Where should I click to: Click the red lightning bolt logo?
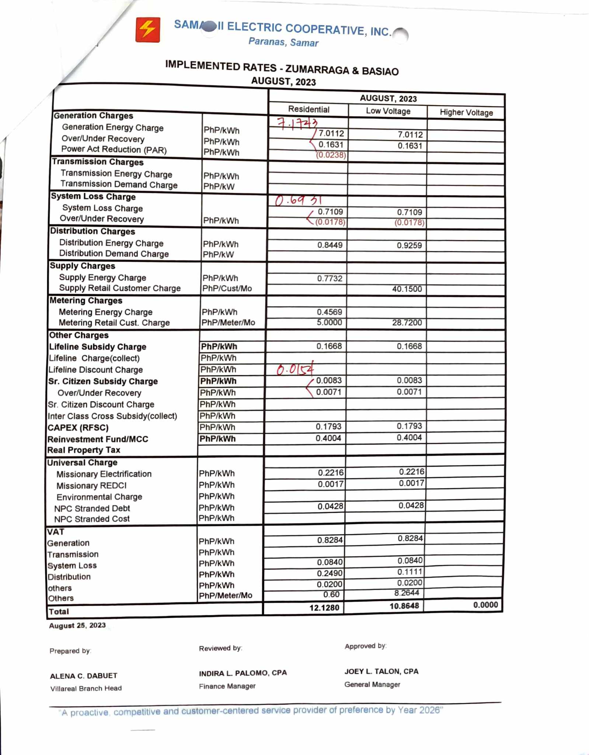pyautogui.click(x=147, y=29)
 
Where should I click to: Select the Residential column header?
pyautogui.click(x=309, y=109)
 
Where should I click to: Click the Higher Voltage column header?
pyautogui.click(x=466, y=112)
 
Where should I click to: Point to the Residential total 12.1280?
pyautogui.click(x=324, y=608)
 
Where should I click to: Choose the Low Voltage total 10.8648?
pyautogui.click(x=404, y=606)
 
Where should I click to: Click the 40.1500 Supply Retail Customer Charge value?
pyautogui.click(x=407, y=289)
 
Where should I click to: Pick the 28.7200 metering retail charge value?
pyautogui.click(x=407, y=323)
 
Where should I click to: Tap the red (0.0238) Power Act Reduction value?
pyautogui.click(x=331, y=155)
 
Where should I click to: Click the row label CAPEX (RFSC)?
pyautogui.click(x=78, y=428)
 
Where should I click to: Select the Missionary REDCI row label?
pyautogui.click(x=91, y=486)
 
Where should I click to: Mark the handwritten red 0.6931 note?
pyautogui.click(x=299, y=200)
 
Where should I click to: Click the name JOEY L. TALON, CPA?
pyautogui.click(x=381, y=671)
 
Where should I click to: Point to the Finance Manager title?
pyautogui.click(x=227, y=686)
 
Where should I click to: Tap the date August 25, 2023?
pyautogui.click(x=77, y=625)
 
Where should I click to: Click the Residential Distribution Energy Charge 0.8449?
pyautogui.click(x=330, y=245)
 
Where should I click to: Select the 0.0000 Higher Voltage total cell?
pyautogui.click(x=485, y=605)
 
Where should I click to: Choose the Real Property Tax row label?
pyautogui.click(x=84, y=450)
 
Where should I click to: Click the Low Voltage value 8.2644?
pyautogui.click(x=407, y=593)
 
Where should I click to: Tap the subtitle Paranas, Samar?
pyautogui.click(x=283, y=42)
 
